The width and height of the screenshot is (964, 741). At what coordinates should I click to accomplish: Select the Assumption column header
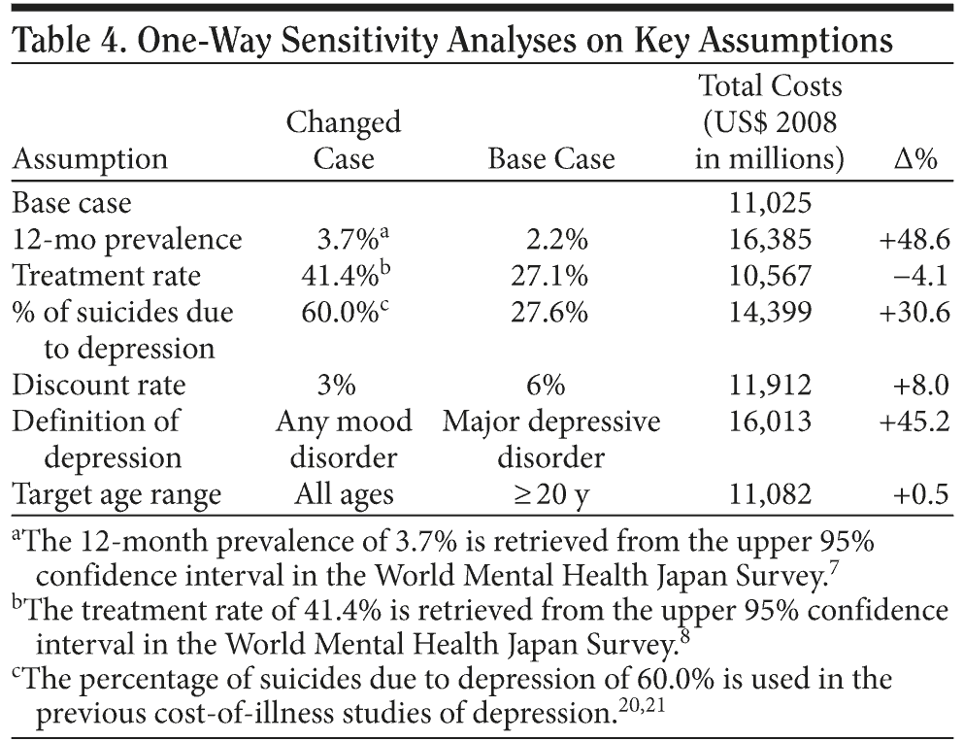coord(89,159)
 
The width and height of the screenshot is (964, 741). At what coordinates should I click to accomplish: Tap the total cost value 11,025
coord(770,204)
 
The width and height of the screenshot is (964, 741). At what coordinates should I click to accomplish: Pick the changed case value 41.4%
coord(337,277)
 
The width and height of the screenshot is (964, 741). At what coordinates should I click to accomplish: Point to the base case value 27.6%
coord(549,313)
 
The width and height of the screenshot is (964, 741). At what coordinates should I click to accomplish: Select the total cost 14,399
coord(770,313)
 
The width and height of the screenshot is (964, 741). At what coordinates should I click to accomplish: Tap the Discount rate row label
coord(98,386)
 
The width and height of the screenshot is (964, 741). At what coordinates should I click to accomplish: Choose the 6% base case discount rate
coord(548,386)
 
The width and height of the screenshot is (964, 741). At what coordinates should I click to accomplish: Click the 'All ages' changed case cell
coord(344,494)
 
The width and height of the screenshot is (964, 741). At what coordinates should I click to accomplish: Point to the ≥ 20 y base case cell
coord(550,494)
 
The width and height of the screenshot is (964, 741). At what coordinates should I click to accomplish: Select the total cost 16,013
coord(770,421)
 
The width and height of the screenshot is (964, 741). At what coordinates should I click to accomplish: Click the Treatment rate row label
coord(106,277)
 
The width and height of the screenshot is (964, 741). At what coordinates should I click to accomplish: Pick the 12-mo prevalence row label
coord(126,240)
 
